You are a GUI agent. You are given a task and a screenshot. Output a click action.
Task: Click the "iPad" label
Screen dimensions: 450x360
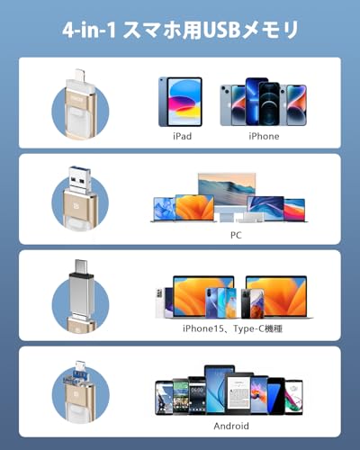pos(182,136)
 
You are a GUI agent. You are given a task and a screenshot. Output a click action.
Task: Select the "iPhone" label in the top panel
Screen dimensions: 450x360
pos(264,136)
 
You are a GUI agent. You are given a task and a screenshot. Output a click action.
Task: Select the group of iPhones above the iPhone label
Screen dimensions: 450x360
pos(264,101)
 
